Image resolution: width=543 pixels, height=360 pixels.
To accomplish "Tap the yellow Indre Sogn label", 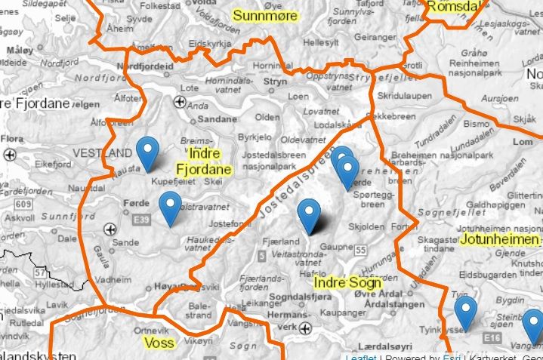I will [347, 283].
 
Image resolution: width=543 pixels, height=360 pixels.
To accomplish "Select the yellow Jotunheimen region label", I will [499, 240].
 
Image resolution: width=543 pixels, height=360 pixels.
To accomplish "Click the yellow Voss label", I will [159, 343].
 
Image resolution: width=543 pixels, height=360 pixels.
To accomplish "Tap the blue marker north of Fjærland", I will [309, 215].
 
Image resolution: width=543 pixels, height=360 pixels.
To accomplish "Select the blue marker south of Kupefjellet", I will [171, 208].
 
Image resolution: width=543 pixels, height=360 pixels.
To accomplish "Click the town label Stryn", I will [276, 81].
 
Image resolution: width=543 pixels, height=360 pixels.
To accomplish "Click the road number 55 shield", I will [362, 250].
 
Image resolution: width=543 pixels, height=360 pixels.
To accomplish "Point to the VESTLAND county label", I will [102, 153].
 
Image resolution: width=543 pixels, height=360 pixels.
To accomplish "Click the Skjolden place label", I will [366, 226].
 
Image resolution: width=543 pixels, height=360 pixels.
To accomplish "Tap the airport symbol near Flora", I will [11, 154].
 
